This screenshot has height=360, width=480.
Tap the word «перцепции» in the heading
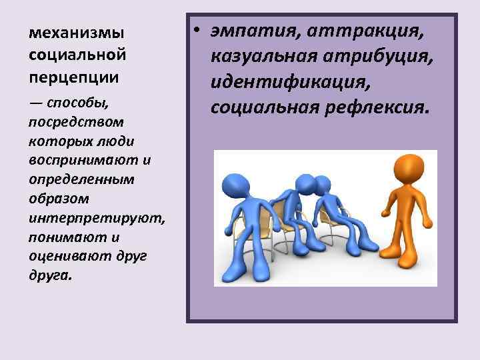click(x=74, y=77)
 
